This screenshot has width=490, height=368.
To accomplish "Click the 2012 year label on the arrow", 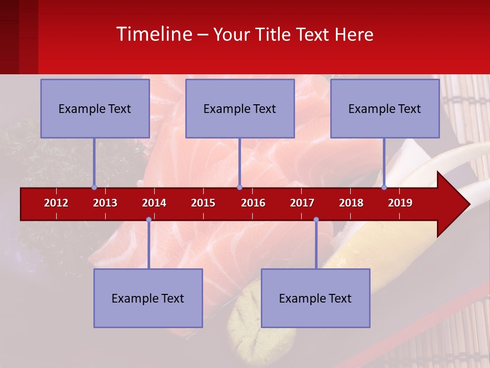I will coord(56,203).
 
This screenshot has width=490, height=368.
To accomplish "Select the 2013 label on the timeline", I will coord(105,203).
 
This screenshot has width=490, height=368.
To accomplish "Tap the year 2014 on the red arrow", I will coord(154,203).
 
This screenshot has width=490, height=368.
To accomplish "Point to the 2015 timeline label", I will coord(203,203).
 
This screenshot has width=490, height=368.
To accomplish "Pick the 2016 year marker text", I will coord(253,203).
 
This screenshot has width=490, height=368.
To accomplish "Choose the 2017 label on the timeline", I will coord(302,203).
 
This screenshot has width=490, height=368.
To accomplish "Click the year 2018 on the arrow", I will coord(351,203).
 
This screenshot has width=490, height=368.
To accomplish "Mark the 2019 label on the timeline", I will coord(400,203).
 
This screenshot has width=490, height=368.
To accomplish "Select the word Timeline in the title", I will coord(153,34).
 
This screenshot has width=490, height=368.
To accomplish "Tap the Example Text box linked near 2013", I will coord(95,108).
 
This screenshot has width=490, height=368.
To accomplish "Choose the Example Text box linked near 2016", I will coord(240,108).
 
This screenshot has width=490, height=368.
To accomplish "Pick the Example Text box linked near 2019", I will coord(385,108).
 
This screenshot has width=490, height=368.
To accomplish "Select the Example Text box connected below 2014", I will coord(148,298).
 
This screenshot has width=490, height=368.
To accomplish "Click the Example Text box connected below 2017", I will coord(315,298).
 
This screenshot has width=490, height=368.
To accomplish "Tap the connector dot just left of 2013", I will coord(94,188).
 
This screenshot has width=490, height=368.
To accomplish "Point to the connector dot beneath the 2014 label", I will coord(149,220).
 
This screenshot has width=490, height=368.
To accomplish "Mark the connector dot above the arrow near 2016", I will coord(239,188).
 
